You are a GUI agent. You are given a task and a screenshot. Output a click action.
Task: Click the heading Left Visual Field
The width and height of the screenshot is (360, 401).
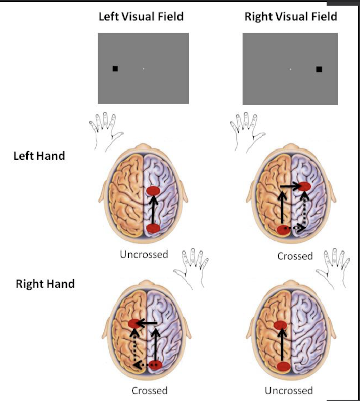(141, 17)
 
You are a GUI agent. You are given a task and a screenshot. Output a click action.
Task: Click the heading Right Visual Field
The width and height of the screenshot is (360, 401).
(291, 17)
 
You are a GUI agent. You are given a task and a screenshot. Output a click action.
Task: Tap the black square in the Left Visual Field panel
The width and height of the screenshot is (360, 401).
(115, 68)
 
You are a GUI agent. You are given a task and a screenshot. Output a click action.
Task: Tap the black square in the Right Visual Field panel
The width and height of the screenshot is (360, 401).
(319, 69)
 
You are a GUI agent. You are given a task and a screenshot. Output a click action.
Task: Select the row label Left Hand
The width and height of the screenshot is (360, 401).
(39, 155)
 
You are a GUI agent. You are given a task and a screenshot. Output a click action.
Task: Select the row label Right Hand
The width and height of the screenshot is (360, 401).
(45, 283)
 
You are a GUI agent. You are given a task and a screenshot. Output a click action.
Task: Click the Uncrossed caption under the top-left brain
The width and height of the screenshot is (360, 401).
(144, 254)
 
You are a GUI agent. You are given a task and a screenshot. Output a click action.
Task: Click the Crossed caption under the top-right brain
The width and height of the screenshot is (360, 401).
(295, 256)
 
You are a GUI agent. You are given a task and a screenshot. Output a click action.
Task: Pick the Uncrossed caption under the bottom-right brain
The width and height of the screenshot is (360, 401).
(289, 390)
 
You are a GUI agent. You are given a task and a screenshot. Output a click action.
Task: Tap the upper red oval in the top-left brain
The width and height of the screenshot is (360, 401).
(153, 191)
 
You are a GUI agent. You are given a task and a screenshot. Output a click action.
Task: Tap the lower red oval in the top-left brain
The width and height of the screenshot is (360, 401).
(153, 228)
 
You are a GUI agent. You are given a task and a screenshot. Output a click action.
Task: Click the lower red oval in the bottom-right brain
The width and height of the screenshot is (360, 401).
(283, 366)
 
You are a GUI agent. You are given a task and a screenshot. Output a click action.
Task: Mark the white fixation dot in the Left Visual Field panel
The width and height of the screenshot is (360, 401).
(143, 68)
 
